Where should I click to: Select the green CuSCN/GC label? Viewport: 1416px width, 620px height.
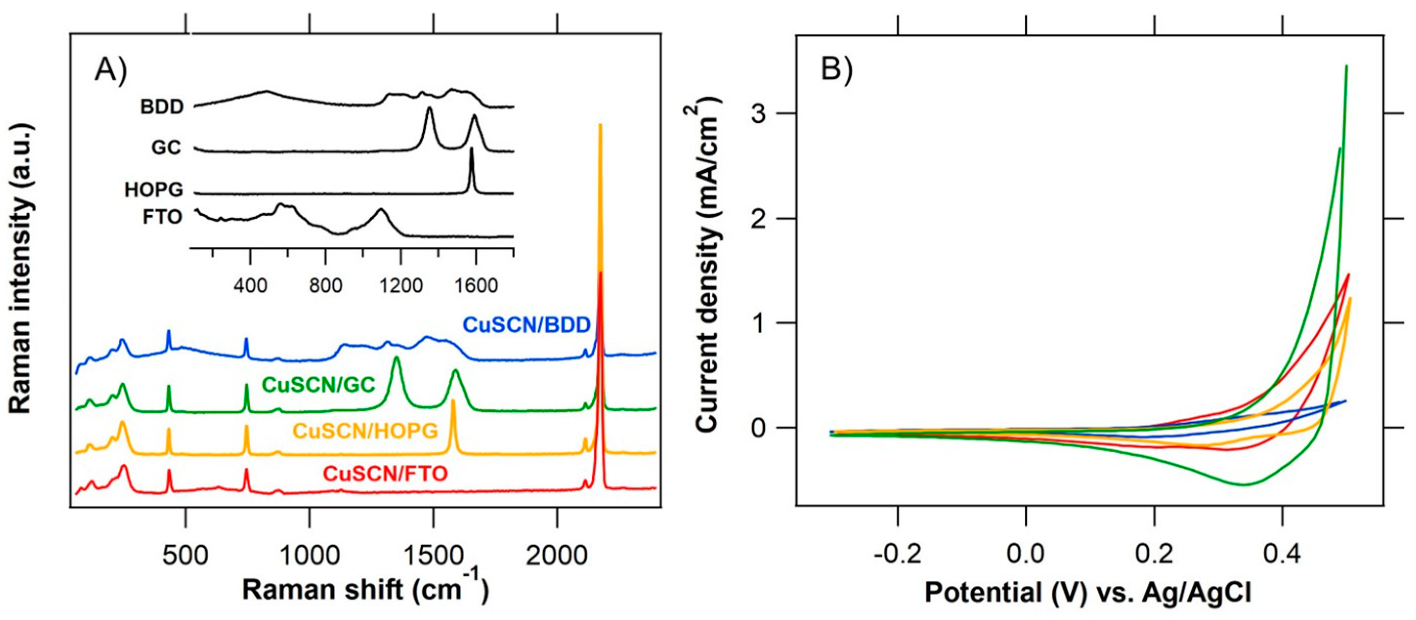click(318, 385)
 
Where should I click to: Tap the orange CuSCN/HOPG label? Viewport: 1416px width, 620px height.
click(365, 431)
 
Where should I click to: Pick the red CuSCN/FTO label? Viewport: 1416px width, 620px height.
click(385, 474)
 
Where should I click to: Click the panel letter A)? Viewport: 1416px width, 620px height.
click(110, 70)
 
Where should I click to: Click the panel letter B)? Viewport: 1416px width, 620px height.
click(836, 70)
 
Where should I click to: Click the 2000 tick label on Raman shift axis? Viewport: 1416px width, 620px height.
click(557, 556)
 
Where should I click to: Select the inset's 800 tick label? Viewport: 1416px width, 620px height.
click(325, 286)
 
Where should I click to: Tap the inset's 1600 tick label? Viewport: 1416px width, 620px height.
click(475, 286)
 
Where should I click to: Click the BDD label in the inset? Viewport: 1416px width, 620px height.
click(161, 106)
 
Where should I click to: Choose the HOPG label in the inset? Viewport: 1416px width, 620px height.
click(153, 189)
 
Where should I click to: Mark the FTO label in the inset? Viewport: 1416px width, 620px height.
click(162, 217)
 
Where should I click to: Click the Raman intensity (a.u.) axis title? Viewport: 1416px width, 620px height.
click(21, 268)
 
